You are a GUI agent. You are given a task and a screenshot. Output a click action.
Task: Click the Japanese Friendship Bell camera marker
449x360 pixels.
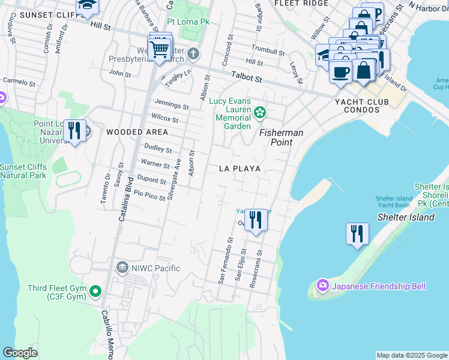323,284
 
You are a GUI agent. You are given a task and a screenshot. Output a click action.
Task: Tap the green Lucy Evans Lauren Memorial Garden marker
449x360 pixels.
260,112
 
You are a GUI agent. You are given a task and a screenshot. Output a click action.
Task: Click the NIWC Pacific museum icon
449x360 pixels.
122,267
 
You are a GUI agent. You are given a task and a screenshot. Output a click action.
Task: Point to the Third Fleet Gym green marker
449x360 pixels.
95,292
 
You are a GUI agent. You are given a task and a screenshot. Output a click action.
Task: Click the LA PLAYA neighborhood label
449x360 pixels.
240,169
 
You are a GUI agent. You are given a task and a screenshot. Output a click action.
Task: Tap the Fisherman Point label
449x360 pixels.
282,137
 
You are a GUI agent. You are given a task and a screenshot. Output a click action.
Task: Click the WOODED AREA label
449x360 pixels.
133,132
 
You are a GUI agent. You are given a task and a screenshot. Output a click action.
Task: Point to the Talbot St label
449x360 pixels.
247,78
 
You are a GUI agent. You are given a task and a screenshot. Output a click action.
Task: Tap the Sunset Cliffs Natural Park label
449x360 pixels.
23,171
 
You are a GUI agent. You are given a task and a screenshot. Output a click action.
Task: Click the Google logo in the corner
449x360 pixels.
20,353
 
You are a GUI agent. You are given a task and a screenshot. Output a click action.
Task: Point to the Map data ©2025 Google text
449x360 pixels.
412,355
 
